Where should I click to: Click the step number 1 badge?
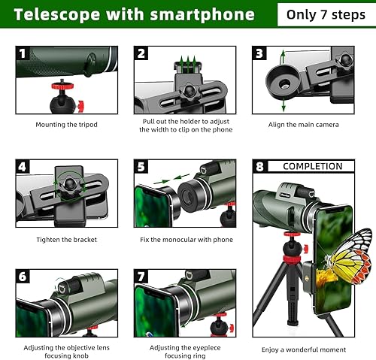[x=23, y=53]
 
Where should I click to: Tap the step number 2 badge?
[x=141, y=53]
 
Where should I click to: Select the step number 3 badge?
[x=259, y=53]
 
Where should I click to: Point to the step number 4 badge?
[x=23, y=166]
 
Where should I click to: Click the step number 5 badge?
[x=141, y=166]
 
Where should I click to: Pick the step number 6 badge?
[x=23, y=277]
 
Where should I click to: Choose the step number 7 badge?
[x=141, y=277]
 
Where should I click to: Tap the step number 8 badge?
[x=260, y=166]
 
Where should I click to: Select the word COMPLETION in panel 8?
[x=312, y=166]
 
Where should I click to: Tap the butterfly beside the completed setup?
[x=347, y=261]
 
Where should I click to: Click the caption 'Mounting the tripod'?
[x=66, y=124]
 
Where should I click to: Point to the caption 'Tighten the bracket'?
[x=66, y=239]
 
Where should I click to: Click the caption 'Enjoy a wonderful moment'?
[x=303, y=349]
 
